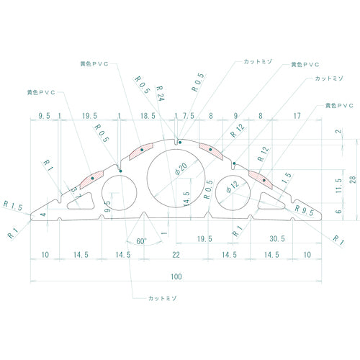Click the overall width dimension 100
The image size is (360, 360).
tap(176, 276)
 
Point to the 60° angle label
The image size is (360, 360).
tap(140, 241)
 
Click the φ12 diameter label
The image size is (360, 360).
tap(232, 186)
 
